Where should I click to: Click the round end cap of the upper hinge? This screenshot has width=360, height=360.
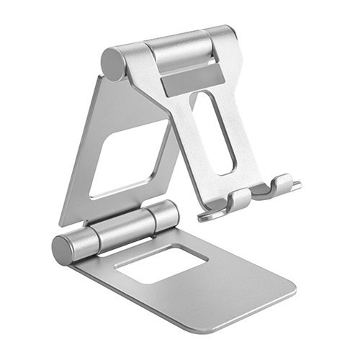pos(113,63)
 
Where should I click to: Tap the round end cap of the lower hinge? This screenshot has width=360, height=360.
pos(66,250)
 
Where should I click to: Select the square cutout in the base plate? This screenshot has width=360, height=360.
pos(161,264)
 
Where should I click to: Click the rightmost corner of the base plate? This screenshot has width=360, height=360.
pos(294,292)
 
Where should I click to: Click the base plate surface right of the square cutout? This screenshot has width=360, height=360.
pos(238,277)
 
